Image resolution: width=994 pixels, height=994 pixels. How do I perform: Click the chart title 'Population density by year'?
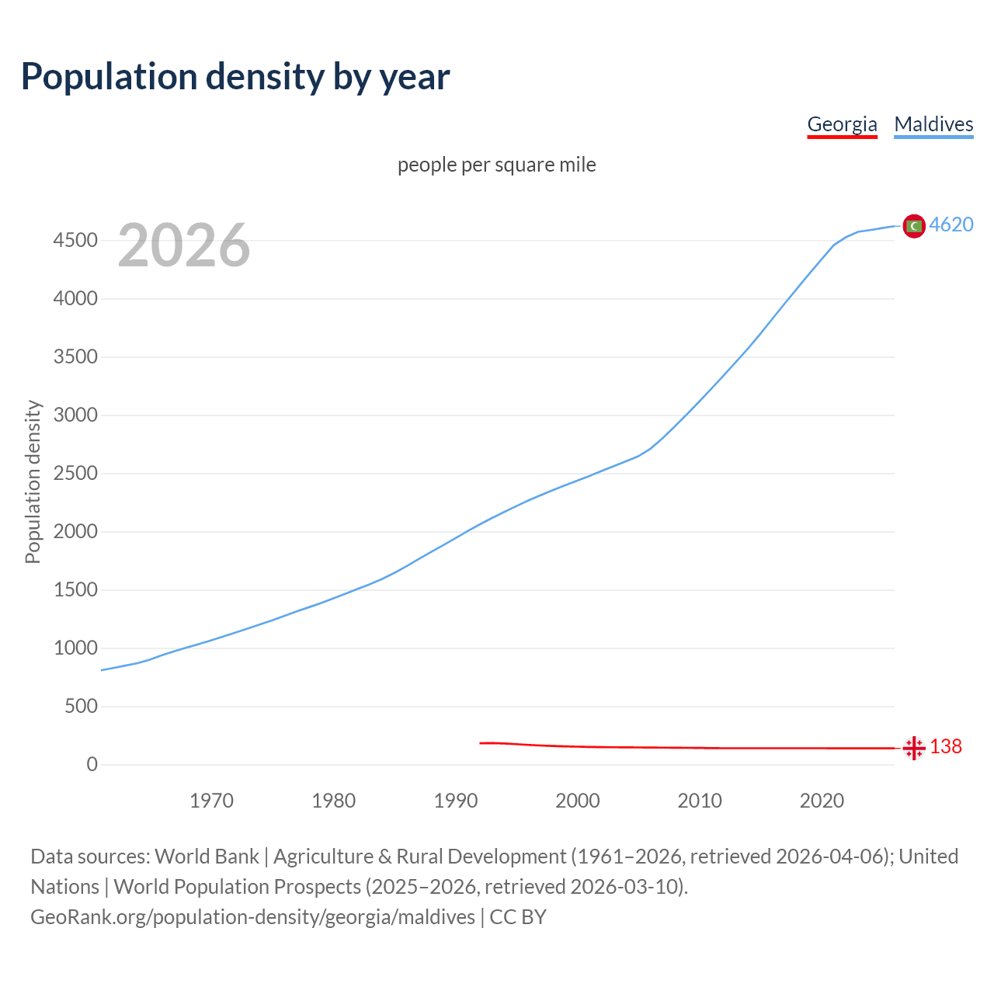235,77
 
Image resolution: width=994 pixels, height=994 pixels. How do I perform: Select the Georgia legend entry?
842,124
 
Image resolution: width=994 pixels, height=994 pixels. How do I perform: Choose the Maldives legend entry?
933,124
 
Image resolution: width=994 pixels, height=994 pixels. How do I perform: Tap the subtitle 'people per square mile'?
496,165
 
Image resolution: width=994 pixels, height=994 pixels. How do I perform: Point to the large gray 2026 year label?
184,245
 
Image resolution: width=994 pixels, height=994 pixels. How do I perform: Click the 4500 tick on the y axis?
75,241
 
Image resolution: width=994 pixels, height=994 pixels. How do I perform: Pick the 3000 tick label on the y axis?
75,415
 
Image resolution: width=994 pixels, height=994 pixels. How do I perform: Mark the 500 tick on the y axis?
81,707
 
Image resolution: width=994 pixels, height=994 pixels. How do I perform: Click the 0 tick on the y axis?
92,765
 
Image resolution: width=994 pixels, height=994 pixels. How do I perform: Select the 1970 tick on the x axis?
211,801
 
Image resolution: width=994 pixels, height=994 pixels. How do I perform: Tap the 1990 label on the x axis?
456,801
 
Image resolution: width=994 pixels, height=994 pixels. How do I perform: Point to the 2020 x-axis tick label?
822,801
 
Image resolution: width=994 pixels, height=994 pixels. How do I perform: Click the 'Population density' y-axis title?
33,481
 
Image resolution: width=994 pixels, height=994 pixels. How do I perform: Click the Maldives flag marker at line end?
914,226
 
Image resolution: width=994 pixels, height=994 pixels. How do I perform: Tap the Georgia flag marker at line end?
914,748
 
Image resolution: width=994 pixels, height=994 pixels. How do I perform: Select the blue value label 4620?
951,224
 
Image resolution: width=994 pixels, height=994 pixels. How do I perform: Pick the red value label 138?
946,746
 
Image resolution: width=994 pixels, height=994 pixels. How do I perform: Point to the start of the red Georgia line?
481,743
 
